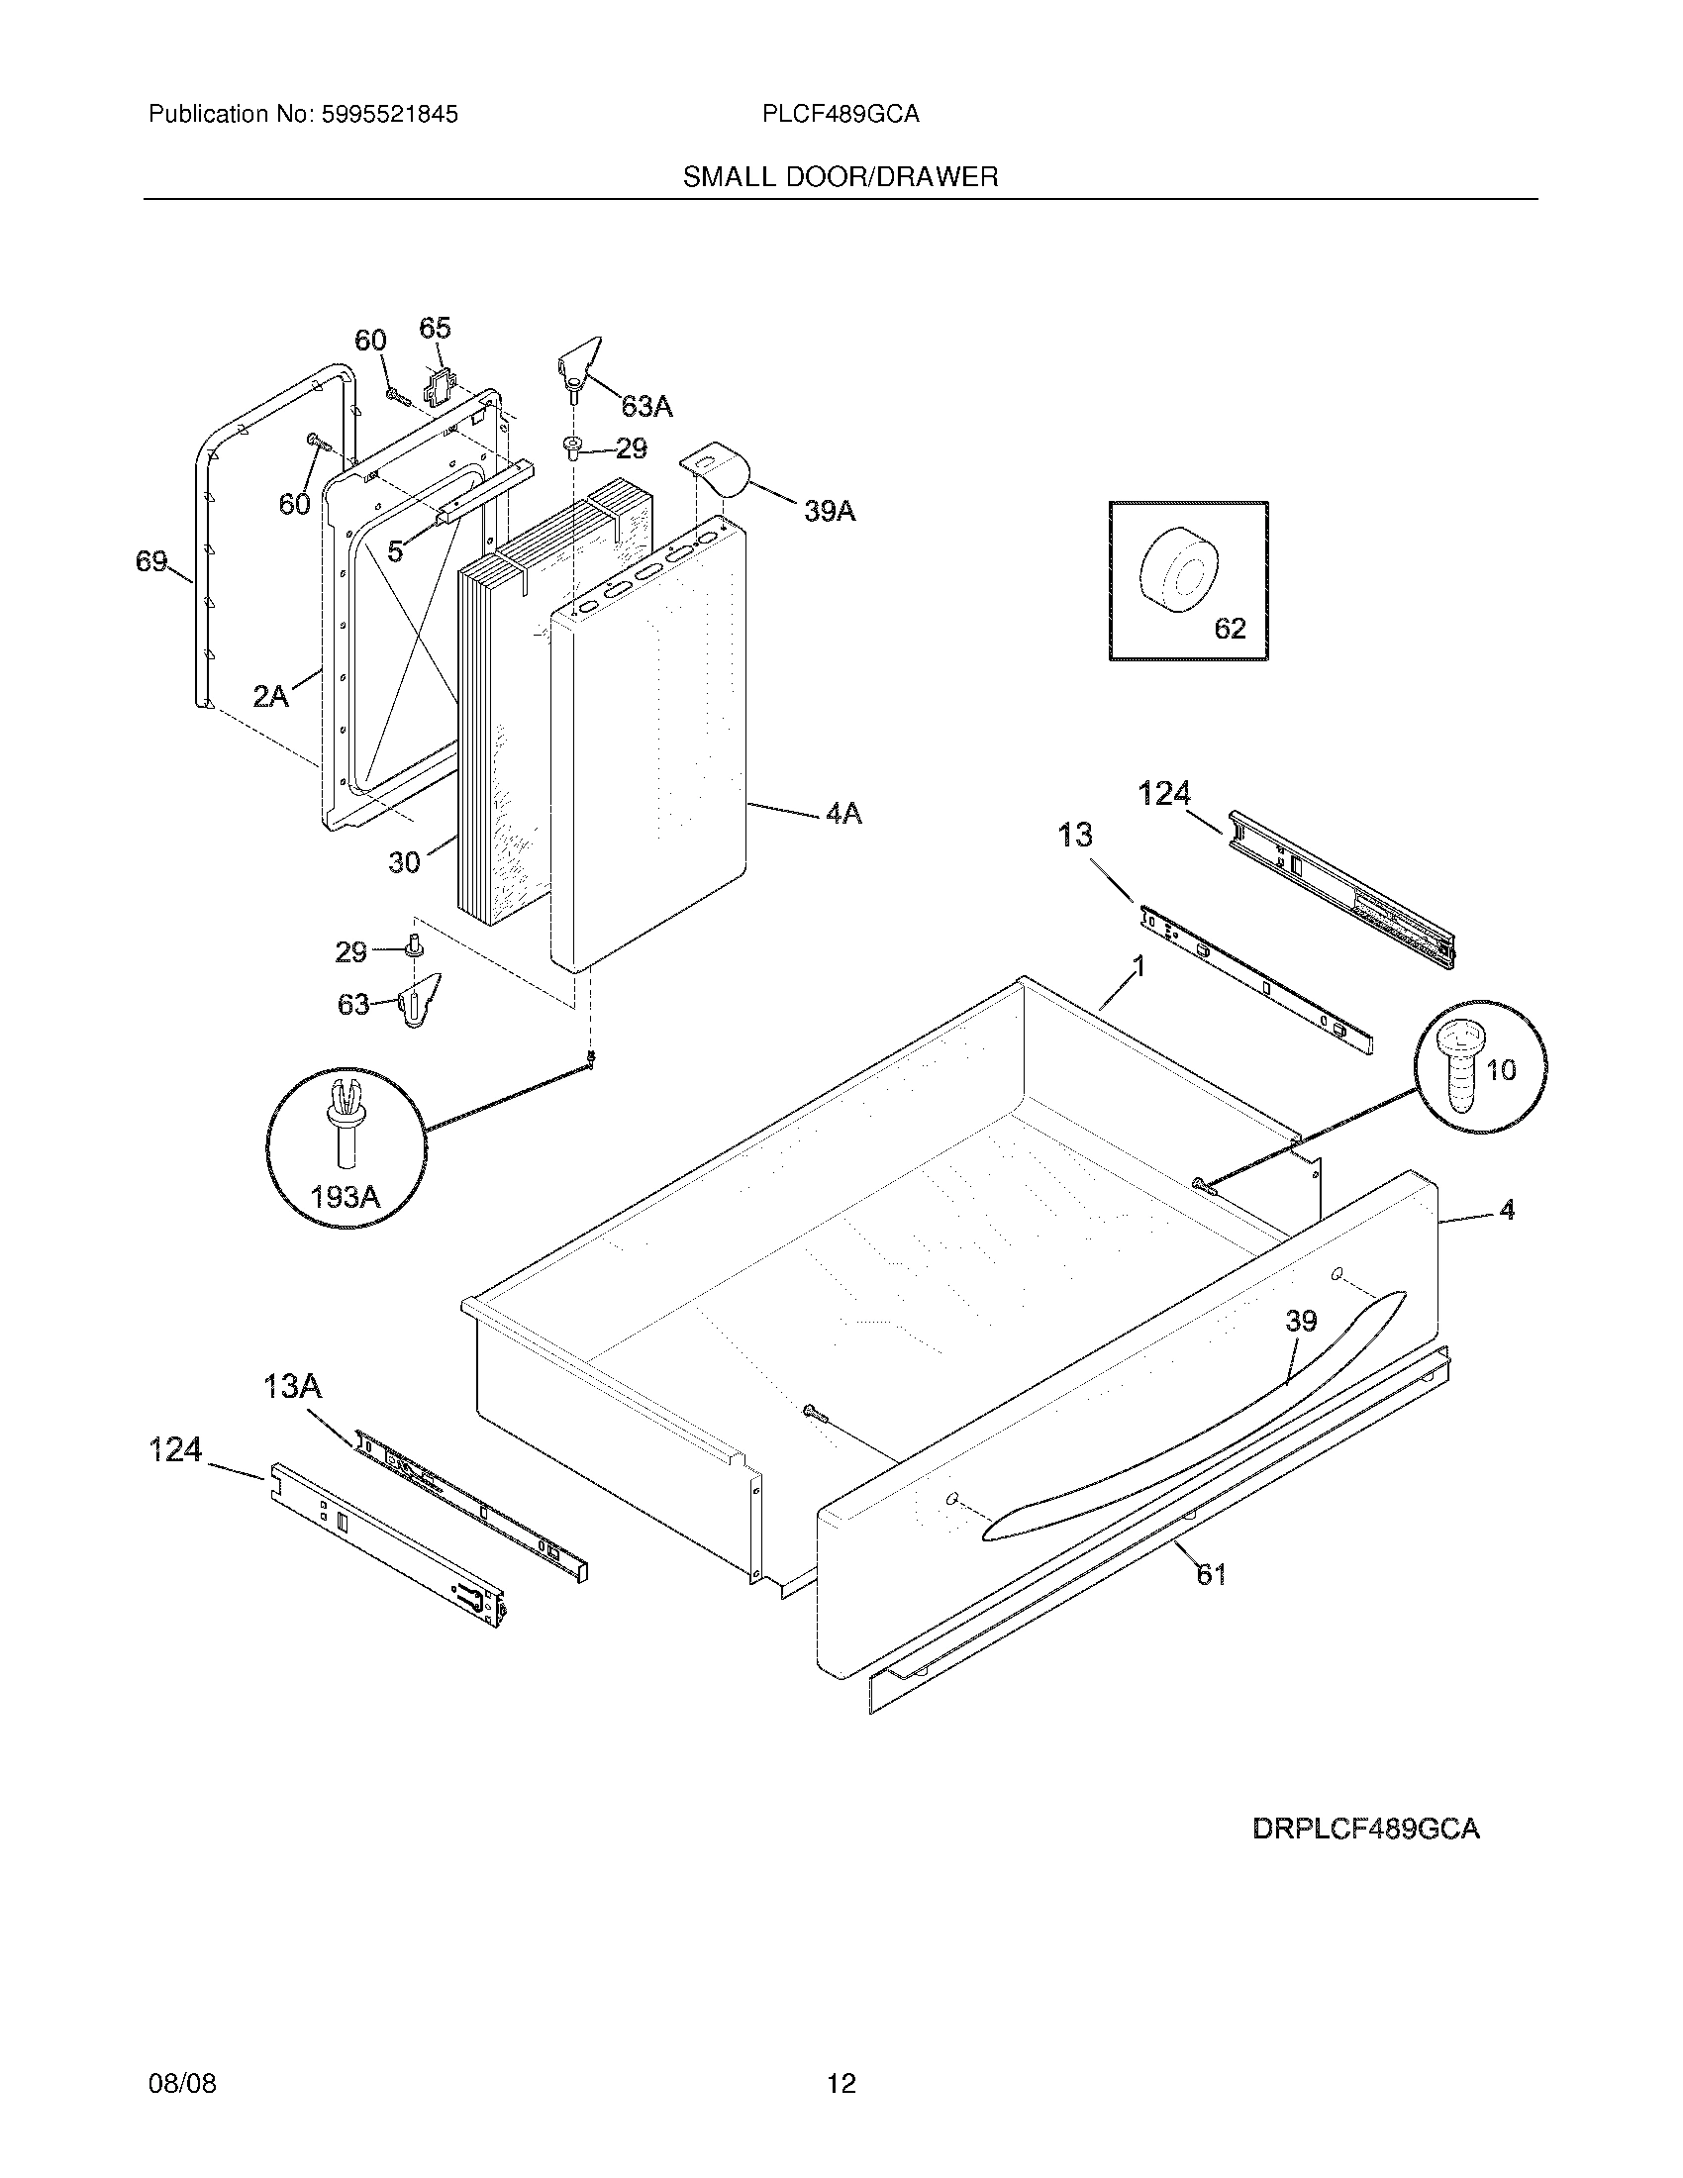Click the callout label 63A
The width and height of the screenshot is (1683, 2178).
[x=646, y=406]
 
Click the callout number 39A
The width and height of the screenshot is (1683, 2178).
[x=830, y=512]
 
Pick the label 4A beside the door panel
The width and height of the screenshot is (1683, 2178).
[x=842, y=814]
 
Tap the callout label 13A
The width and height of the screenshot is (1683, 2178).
[x=292, y=1386]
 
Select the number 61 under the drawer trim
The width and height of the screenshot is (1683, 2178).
[x=1211, y=1575]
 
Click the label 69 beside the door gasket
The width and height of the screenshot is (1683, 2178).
[x=151, y=562]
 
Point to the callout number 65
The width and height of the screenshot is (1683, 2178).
[x=435, y=328]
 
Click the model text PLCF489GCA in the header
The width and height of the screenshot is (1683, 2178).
[x=840, y=115]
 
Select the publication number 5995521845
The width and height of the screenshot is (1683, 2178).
[x=390, y=115]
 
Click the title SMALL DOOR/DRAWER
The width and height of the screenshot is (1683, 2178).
[x=840, y=177]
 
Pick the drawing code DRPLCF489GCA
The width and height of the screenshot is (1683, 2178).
[x=1366, y=1829]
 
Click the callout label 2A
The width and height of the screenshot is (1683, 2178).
[x=270, y=696]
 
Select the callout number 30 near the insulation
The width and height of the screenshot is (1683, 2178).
[x=404, y=861]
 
